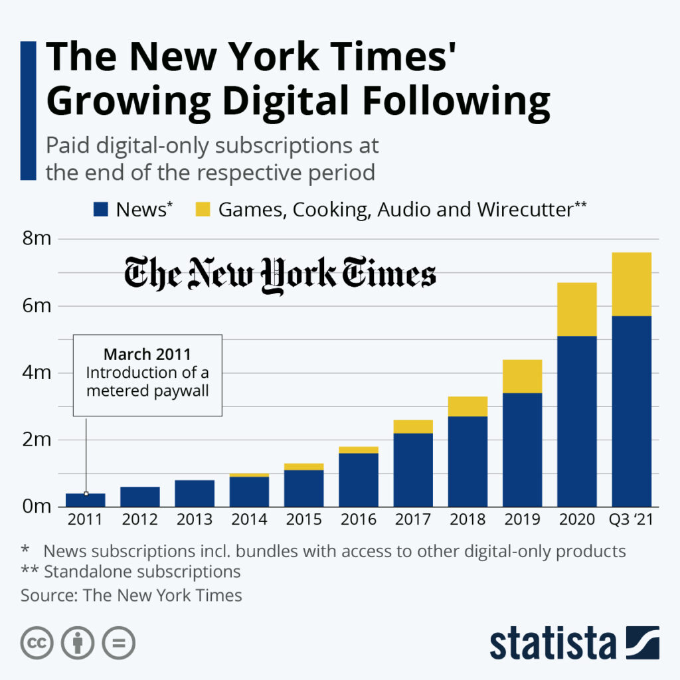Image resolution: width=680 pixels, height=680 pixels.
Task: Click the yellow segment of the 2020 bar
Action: pyautogui.click(x=576, y=309)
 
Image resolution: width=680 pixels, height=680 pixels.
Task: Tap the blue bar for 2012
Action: pyautogui.click(x=139, y=496)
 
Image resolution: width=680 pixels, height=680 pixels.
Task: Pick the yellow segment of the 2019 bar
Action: pyautogui.click(x=522, y=376)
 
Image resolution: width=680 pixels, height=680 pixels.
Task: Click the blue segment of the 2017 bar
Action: pyautogui.click(x=413, y=469)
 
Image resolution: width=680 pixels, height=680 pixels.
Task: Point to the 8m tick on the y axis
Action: pyautogui.click(x=37, y=238)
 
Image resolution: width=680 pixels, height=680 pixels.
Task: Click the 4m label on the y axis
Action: pyautogui.click(x=37, y=373)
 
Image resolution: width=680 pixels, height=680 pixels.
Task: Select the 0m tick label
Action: pyautogui.click(x=37, y=507)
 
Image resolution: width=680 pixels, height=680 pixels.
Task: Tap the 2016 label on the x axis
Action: pyautogui.click(x=358, y=519)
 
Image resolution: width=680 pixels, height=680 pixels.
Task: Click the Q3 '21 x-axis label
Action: pyautogui.click(x=632, y=519)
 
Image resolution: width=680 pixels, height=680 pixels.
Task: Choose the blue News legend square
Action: pyautogui.click(x=101, y=210)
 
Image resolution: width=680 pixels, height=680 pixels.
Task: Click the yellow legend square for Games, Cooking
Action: pyautogui.click(x=203, y=210)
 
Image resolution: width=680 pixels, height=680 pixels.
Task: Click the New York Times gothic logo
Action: pyautogui.click(x=280, y=274)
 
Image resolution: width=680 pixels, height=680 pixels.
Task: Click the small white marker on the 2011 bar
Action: pyautogui.click(x=86, y=493)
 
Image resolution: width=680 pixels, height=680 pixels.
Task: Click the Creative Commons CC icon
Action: pyautogui.click(x=37, y=643)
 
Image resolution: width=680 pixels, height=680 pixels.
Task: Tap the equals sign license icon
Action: pyautogui.click(x=119, y=643)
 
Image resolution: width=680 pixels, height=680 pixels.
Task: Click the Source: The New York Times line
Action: pyautogui.click(x=131, y=595)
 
